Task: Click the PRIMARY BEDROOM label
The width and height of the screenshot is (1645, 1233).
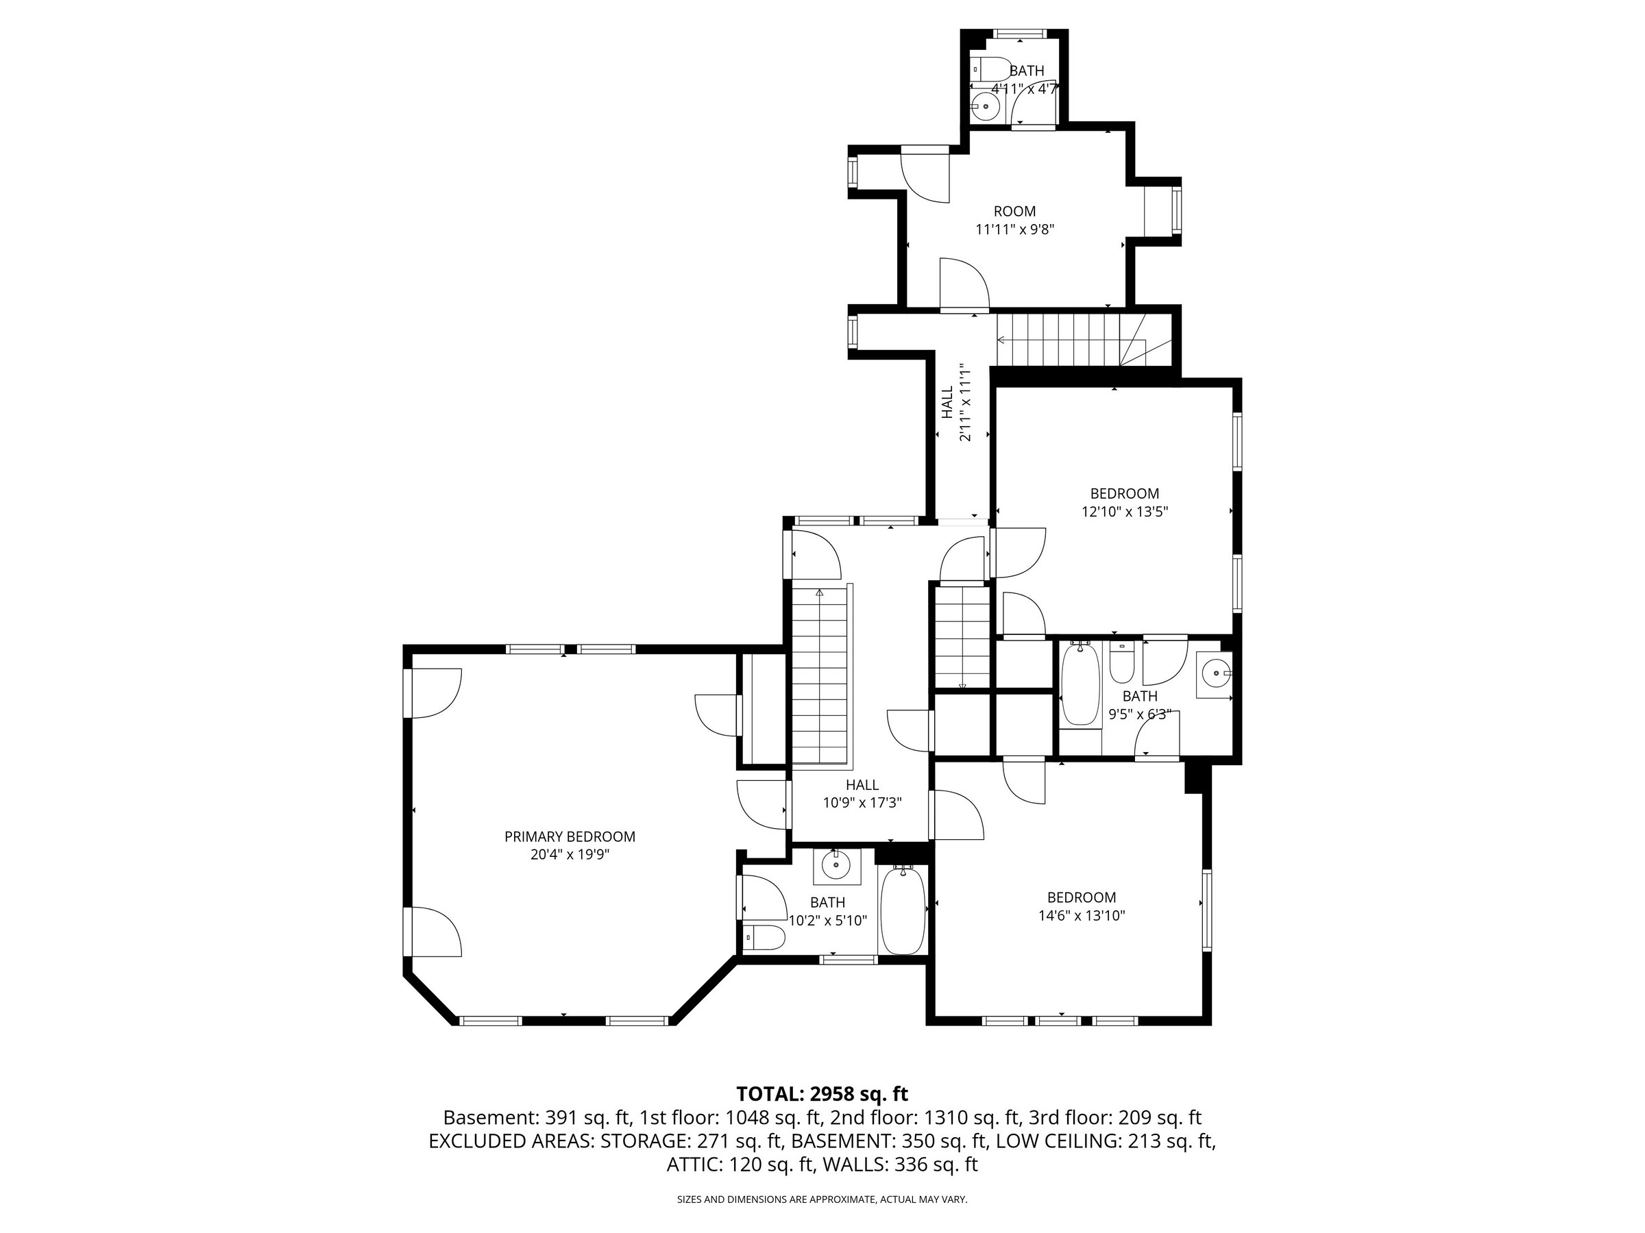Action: point(570,837)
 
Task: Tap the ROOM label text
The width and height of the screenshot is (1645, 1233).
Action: point(1014,211)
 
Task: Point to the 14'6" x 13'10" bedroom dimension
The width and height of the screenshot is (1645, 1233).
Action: point(1082,916)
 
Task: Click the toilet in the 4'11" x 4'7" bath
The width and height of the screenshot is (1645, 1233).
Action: point(990,68)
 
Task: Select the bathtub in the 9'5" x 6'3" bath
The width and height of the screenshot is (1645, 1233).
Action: point(1080,684)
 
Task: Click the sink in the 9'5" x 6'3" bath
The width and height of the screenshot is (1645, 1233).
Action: point(1214,674)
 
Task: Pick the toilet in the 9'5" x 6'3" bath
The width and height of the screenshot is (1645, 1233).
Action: point(1121,662)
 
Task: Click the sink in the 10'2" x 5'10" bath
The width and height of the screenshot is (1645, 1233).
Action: point(837,866)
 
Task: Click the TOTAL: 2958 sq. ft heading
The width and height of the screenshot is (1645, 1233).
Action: point(822,1094)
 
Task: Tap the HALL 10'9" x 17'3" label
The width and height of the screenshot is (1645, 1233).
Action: point(862,793)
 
